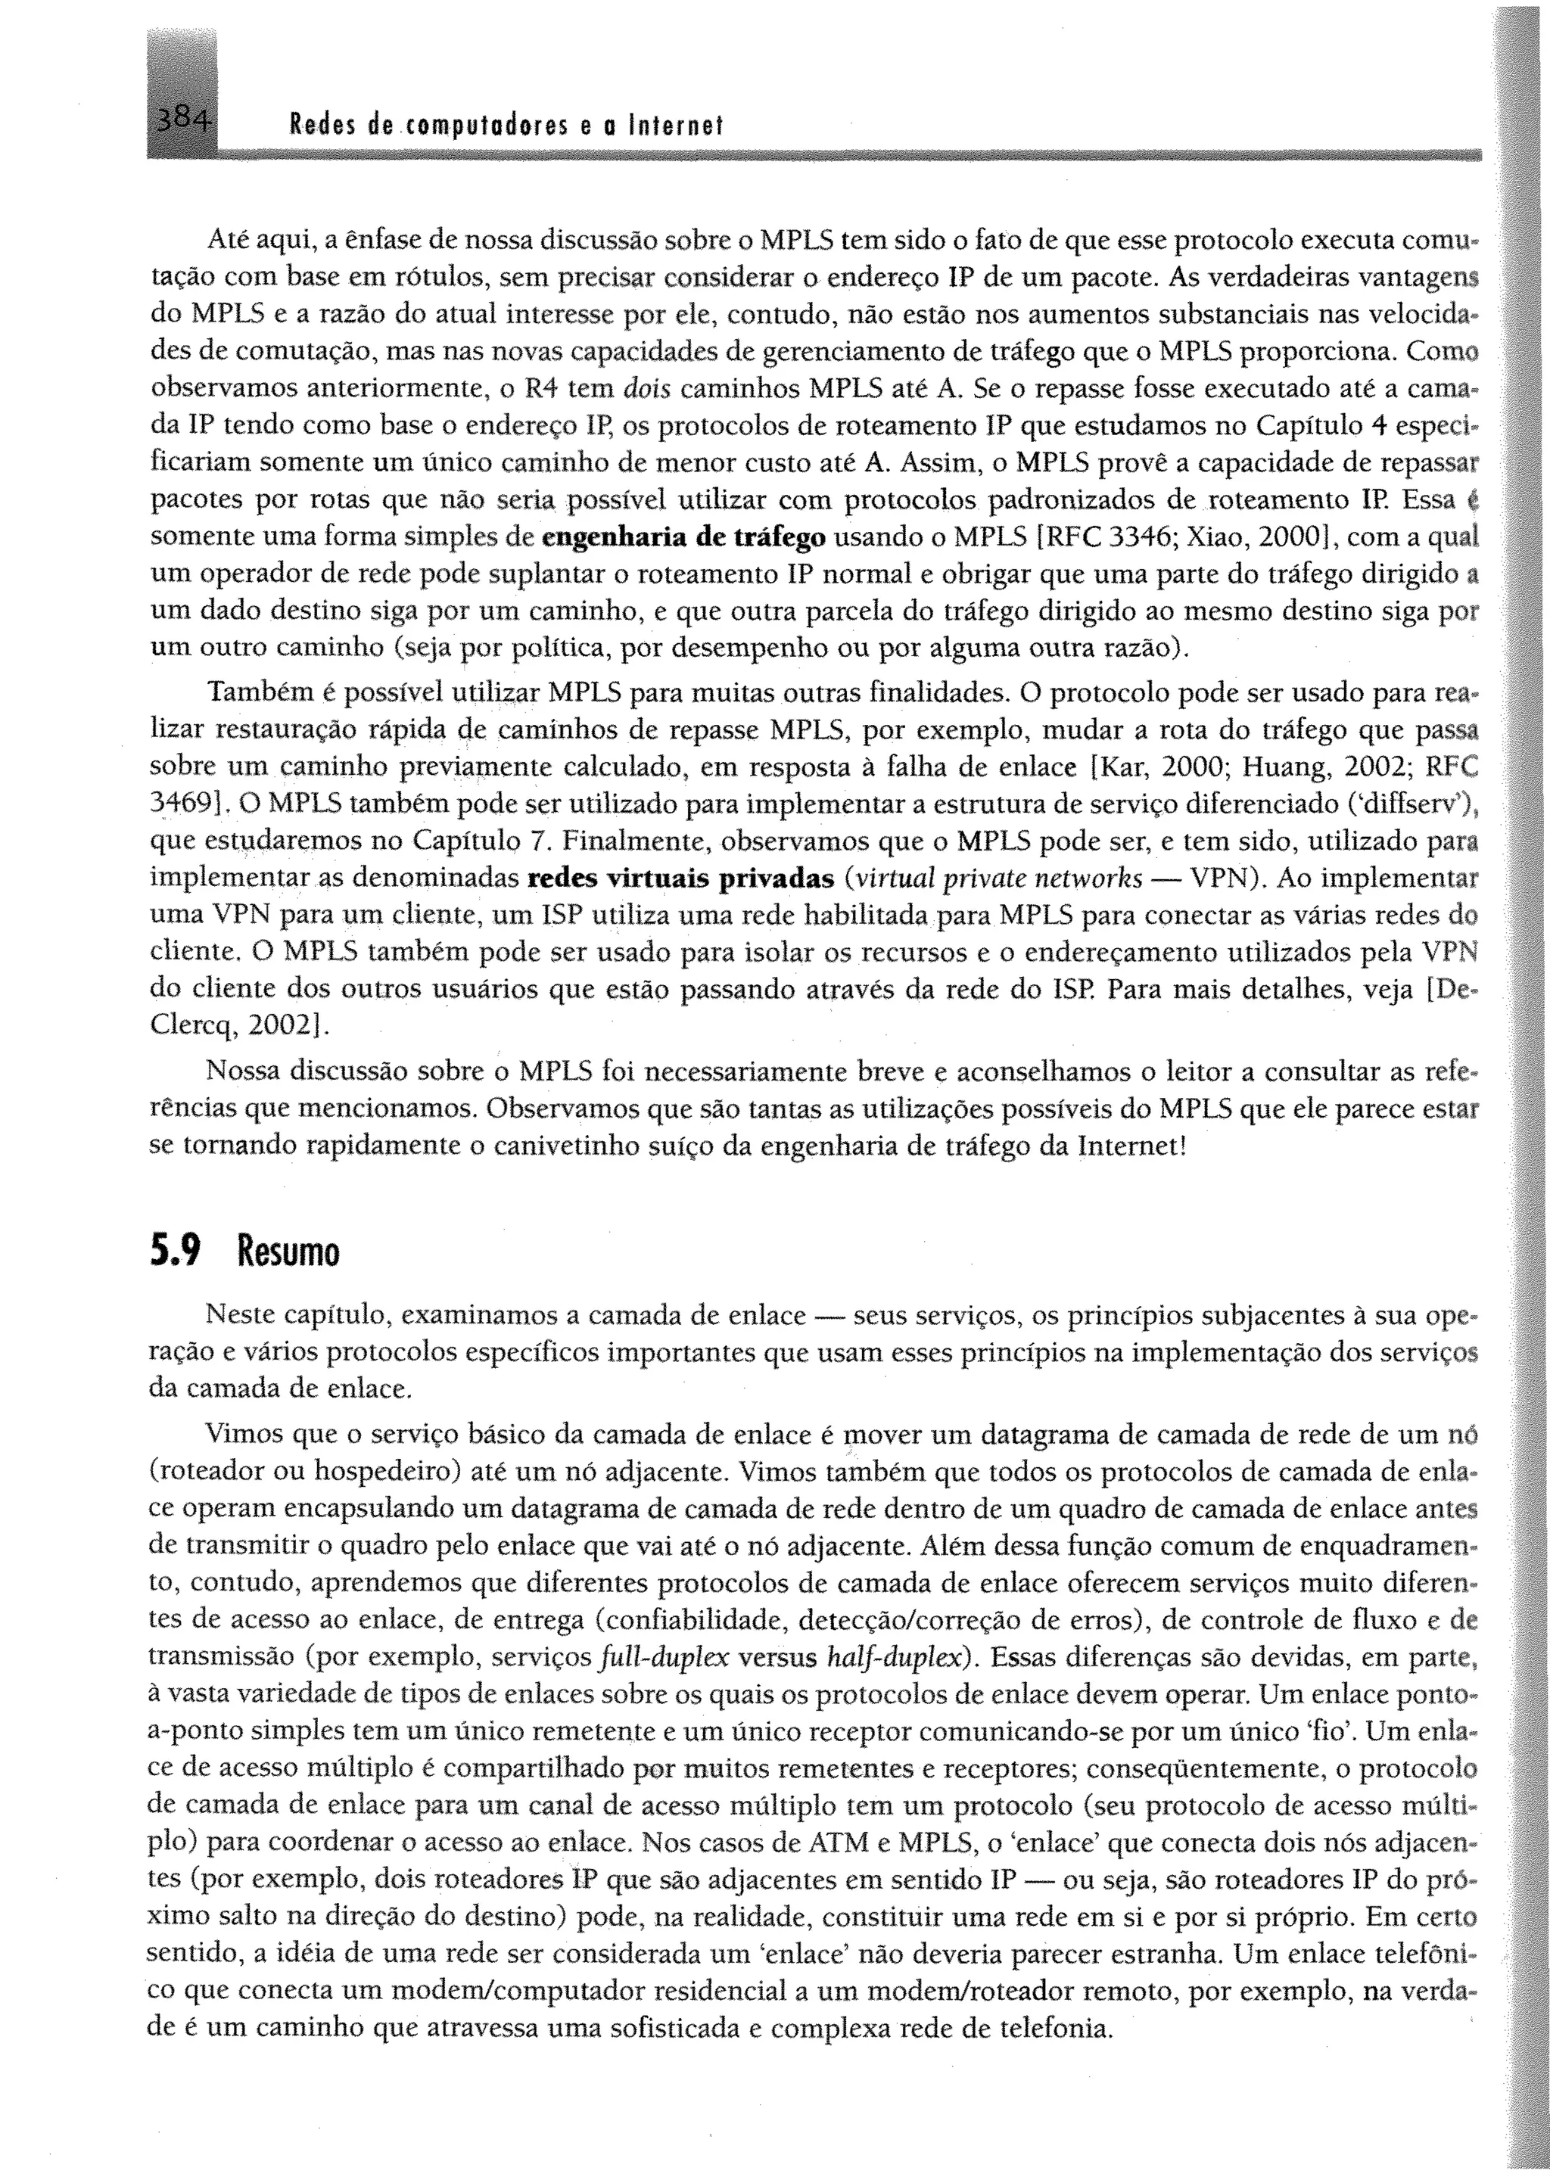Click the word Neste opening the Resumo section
[x=241, y=1316]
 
